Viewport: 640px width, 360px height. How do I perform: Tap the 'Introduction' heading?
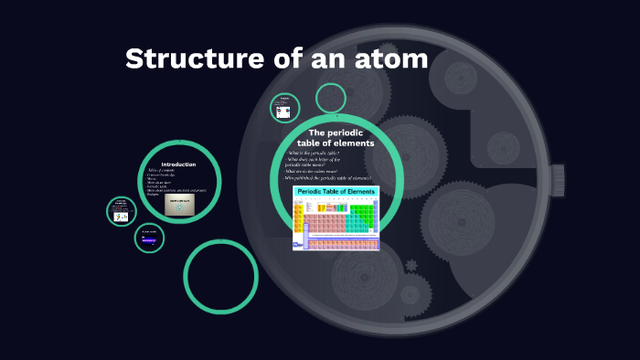point(178,164)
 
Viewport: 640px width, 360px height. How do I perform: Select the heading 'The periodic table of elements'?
point(336,138)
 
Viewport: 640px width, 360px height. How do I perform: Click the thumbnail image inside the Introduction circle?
point(184,205)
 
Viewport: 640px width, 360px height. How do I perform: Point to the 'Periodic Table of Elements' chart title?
point(336,194)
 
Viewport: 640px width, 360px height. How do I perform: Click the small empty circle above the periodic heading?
point(331,99)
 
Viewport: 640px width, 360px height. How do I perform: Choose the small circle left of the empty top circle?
point(285,109)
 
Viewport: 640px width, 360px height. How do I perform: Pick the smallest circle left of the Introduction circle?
point(121,212)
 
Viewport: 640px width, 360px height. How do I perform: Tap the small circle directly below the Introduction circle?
point(149,238)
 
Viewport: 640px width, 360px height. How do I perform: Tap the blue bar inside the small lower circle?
point(146,238)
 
